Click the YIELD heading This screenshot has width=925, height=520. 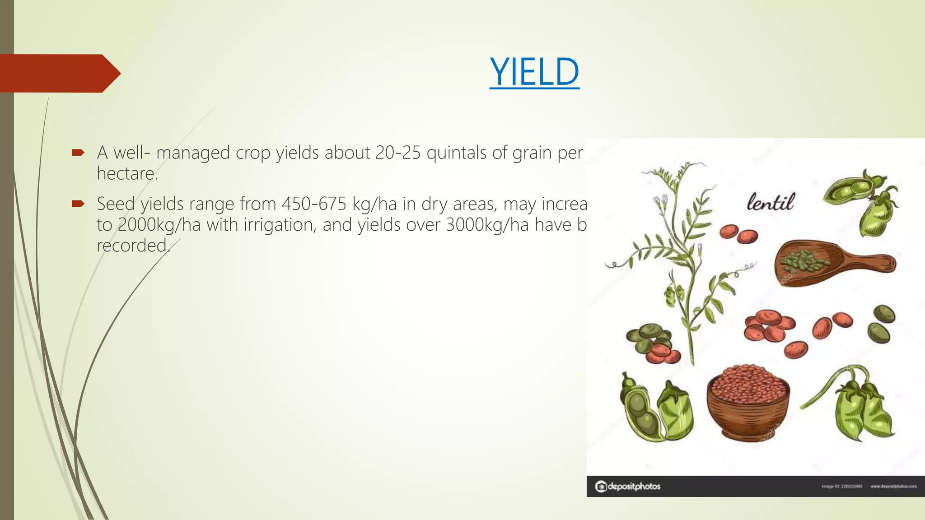534,72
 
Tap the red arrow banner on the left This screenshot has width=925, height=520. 59,73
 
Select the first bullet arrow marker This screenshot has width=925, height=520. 78,153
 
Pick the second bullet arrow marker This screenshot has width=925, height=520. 78,204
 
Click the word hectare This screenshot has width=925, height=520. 127,174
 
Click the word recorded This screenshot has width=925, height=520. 133,246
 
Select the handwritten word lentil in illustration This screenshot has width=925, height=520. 770,202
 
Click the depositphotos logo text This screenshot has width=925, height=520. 633,486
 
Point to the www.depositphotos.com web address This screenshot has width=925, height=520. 893,487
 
